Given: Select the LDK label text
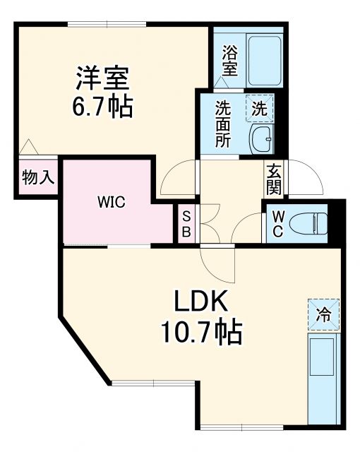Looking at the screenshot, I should coord(201,303).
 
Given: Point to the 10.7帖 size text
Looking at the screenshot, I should coord(201,331).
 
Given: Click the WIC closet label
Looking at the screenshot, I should coord(110,203).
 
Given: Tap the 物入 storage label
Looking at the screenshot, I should coord(37,177).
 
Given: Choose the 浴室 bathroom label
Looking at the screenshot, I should coord(229,60).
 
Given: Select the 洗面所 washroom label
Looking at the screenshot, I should coord(223,124).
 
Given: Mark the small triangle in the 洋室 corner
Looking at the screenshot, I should coord(28,148).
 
